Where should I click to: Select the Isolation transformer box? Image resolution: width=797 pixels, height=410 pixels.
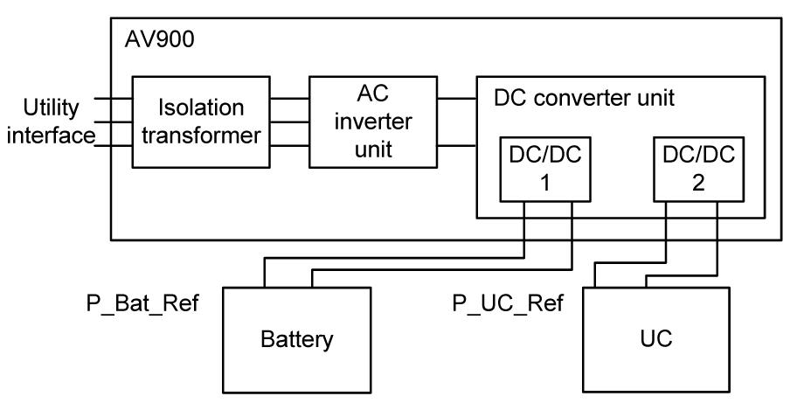point(200,122)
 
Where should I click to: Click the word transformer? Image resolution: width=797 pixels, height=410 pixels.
point(200,136)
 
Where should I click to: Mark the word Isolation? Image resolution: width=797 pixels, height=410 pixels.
point(200,109)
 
